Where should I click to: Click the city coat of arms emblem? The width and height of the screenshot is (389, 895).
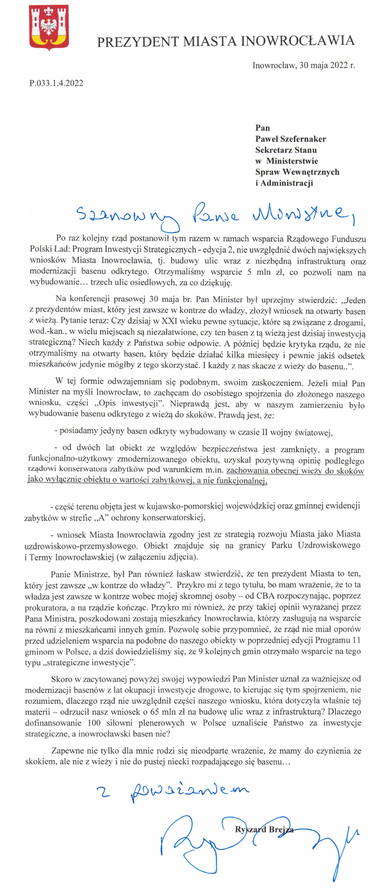click(49, 28)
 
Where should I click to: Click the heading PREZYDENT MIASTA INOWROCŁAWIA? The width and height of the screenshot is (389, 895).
click(225, 41)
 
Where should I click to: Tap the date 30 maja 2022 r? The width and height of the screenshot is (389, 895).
click(326, 65)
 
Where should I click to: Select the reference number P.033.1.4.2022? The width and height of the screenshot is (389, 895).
click(56, 83)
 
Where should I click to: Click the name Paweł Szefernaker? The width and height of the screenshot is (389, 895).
click(290, 139)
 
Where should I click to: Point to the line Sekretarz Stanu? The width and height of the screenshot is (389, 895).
click(286, 150)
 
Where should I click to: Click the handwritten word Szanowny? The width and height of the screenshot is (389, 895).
click(126, 215)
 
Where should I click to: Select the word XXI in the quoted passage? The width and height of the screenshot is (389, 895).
click(169, 322)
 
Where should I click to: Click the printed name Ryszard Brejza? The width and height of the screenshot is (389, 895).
click(264, 829)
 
